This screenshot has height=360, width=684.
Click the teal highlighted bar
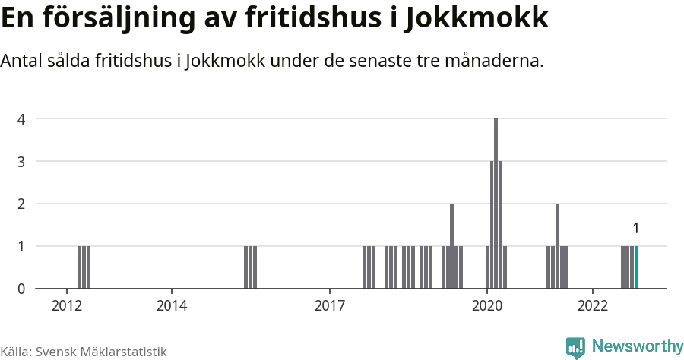click(637, 267)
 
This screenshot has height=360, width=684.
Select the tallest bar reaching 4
click(496, 204)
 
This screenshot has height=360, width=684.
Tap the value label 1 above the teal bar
click(636, 228)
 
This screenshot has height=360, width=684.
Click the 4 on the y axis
click(22, 118)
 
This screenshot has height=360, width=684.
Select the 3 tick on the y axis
click(22, 161)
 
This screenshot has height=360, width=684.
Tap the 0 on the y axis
click(22, 289)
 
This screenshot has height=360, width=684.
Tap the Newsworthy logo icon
click(575, 347)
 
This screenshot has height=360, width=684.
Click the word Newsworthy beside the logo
click(638, 346)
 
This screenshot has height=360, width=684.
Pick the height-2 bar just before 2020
click(451, 246)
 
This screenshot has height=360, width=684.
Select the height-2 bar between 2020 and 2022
click(557, 246)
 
